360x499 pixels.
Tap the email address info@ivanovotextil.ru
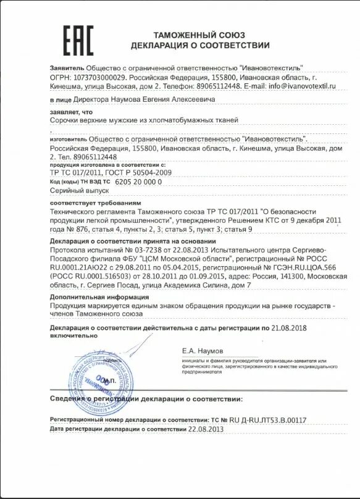[x=301, y=86]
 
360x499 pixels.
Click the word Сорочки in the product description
[x=64, y=121]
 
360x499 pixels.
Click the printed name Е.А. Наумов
[x=203, y=351]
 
